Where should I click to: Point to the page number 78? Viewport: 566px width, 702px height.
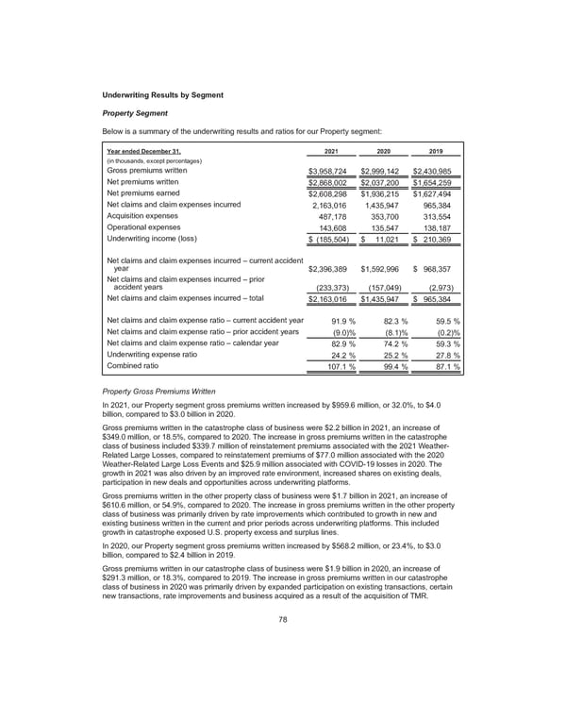283,645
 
